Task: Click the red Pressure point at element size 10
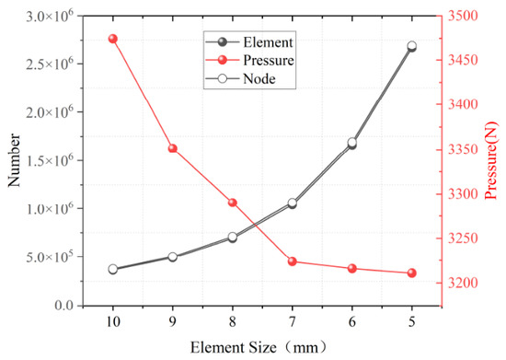click(x=113, y=39)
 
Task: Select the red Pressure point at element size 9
click(x=173, y=148)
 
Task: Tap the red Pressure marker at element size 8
click(x=233, y=203)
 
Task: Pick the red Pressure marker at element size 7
click(x=293, y=261)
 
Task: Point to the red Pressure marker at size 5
click(x=412, y=273)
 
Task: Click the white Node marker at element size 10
click(x=113, y=269)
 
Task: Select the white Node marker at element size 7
click(x=293, y=203)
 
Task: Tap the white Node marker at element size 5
click(x=412, y=46)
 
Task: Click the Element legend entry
click(x=249, y=42)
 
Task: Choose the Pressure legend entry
click(x=249, y=60)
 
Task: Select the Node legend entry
click(x=240, y=79)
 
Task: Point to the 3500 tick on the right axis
click(x=462, y=16)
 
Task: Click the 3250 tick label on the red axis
click(x=462, y=238)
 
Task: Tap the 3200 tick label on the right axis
click(x=462, y=284)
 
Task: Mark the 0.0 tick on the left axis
click(x=63, y=305)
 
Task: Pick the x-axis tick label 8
click(x=233, y=321)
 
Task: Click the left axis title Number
click(x=14, y=160)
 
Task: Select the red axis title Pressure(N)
click(x=491, y=160)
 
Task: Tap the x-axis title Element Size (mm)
click(x=259, y=348)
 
